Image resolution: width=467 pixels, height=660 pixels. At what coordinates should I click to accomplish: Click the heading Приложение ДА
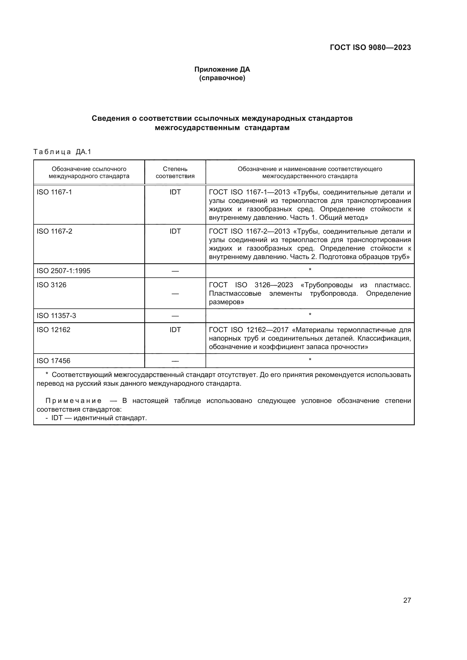tap(222, 69)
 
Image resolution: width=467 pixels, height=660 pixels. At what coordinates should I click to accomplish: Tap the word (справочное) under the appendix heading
tap(222, 78)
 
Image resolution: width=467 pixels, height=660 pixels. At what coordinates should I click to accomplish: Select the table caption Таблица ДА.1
tap(62, 152)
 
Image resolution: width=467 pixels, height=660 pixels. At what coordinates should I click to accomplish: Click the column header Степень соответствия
tap(175, 172)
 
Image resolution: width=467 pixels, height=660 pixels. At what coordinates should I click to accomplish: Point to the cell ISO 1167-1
tap(54, 192)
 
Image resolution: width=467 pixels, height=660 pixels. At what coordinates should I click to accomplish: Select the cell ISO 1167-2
tap(54, 231)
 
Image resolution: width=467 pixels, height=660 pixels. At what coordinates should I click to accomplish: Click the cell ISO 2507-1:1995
tap(63, 271)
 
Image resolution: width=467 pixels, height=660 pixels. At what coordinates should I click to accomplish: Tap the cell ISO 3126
tap(51, 285)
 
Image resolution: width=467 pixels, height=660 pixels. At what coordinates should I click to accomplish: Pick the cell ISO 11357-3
tap(56, 316)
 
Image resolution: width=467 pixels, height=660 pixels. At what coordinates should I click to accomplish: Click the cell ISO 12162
tap(53, 330)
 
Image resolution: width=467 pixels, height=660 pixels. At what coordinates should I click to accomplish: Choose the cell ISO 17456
tap(53, 361)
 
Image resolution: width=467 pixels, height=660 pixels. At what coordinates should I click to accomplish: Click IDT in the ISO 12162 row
tap(175, 330)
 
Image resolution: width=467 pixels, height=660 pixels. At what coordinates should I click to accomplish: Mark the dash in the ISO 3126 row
tap(175, 293)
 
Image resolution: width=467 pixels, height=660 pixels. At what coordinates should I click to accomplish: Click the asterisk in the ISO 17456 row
tap(310, 359)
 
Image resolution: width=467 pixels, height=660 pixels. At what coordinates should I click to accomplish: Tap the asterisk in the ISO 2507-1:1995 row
tap(310, 270)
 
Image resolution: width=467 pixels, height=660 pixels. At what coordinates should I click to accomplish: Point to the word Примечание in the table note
tap(73, 401)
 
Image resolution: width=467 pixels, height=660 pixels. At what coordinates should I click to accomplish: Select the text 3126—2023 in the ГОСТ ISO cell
tap(274, 285)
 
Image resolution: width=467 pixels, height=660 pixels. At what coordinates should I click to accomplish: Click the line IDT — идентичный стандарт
tap(99, 418)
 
